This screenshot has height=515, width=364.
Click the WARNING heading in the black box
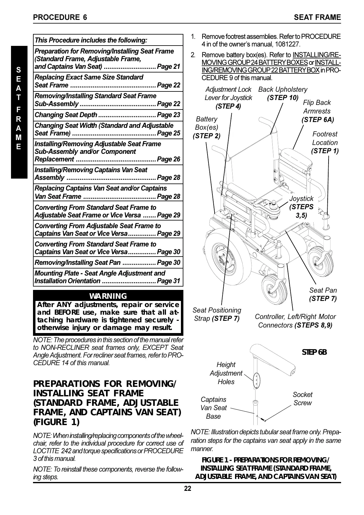point(108,296)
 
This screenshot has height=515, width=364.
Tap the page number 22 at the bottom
point(187,489)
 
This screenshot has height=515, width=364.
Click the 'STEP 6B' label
point(314,352)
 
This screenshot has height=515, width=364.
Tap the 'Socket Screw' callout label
point(302,399)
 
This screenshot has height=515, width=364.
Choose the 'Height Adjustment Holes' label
point(226,373)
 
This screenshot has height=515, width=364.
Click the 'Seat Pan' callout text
point(323,290)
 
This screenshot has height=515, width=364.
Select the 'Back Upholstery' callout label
point(283,89)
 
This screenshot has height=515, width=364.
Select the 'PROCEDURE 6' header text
point(60,17)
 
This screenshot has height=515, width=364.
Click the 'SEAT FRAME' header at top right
point(317,17)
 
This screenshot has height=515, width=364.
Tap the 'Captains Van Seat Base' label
point(214,408)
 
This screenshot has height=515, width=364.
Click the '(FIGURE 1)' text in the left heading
point(56,422)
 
